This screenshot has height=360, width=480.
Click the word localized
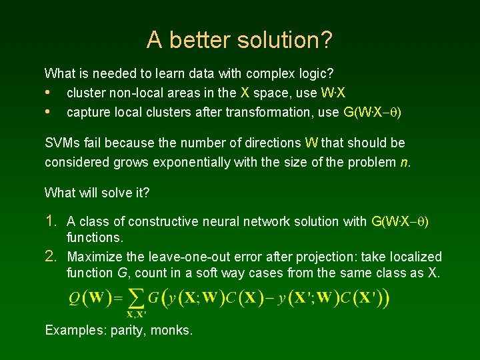click(x=415, y=257)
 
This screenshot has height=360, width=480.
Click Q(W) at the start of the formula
click(x=91, y=298)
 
